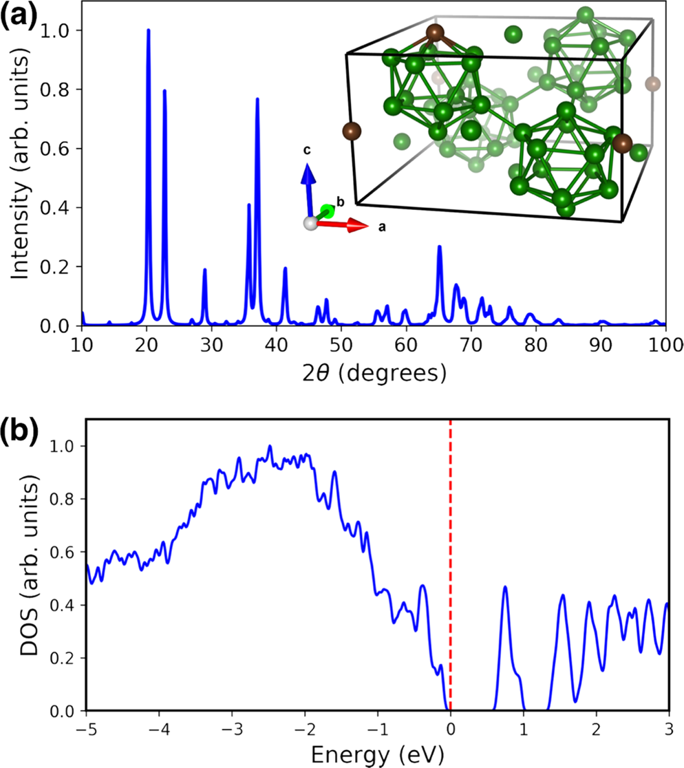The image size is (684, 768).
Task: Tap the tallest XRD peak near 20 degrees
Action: pos(148,30)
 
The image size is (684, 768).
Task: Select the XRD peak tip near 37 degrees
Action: pos(257,99)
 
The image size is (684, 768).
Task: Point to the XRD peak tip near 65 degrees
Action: pos(439,246)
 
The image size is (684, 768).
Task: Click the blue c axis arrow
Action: pos(309,186)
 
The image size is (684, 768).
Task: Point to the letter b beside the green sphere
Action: pos(339,201)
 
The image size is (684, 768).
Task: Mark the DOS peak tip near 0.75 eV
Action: pos(505,587)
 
